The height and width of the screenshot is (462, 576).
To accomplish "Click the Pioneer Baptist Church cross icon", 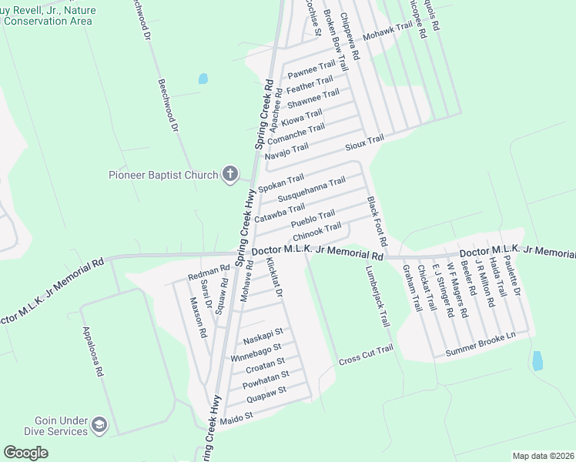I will pos(229,175).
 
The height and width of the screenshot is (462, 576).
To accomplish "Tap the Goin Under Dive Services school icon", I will pos(99,425).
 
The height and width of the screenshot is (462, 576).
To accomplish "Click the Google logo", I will pos(25,453).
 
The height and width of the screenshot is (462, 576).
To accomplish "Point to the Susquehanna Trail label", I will pos(311,189).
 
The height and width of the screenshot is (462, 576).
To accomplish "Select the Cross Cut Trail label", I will pos(366,355).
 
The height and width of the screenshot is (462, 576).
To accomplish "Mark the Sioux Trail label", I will pos(363,140).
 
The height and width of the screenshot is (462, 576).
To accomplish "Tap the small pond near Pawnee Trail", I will pos(203,78).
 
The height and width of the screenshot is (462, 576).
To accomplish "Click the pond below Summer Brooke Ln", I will pos(537,360).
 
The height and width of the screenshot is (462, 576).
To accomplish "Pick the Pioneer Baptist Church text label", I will pos(163,175).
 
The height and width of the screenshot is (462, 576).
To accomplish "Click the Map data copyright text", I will pos(542,456).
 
